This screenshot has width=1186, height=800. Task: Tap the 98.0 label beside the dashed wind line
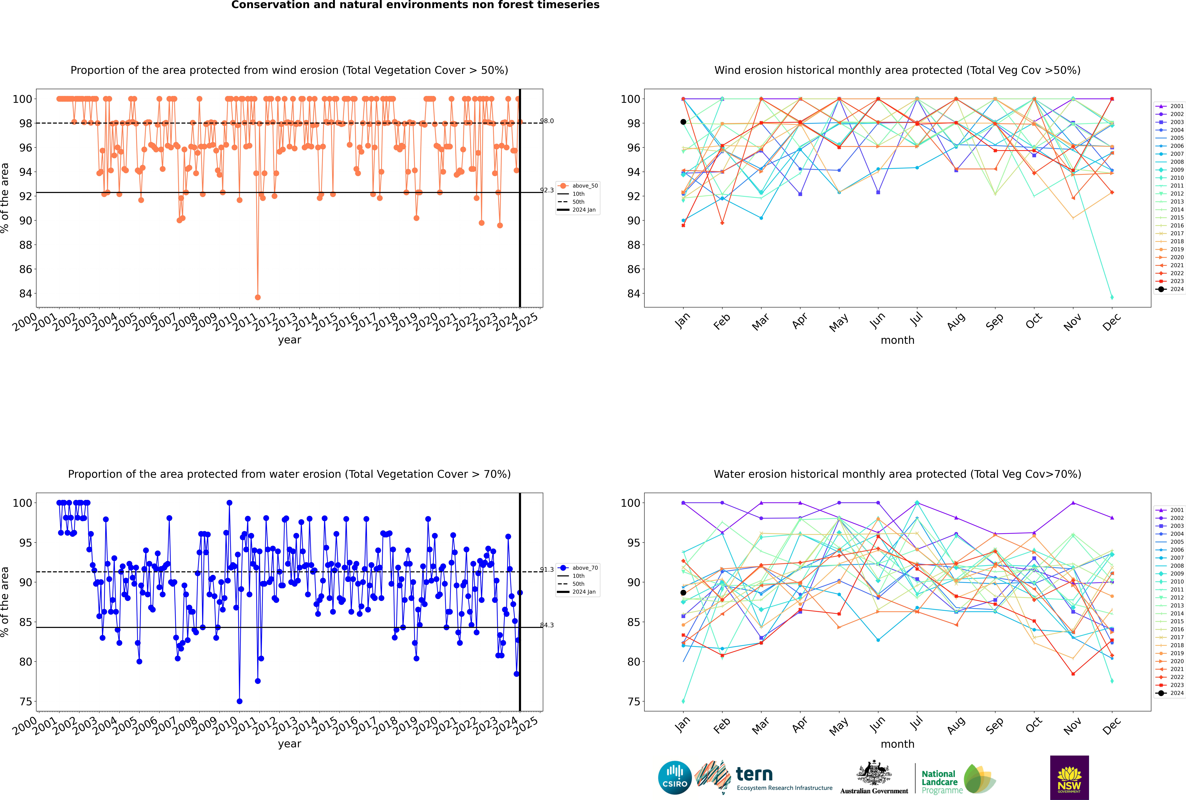coord(547,121)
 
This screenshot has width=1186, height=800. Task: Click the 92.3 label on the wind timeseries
coord(547,190)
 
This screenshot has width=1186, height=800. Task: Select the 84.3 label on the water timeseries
coord(547,625)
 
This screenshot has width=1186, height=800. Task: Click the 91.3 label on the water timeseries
coord(547,569)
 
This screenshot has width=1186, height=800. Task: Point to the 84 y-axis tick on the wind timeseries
coord(25,293)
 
